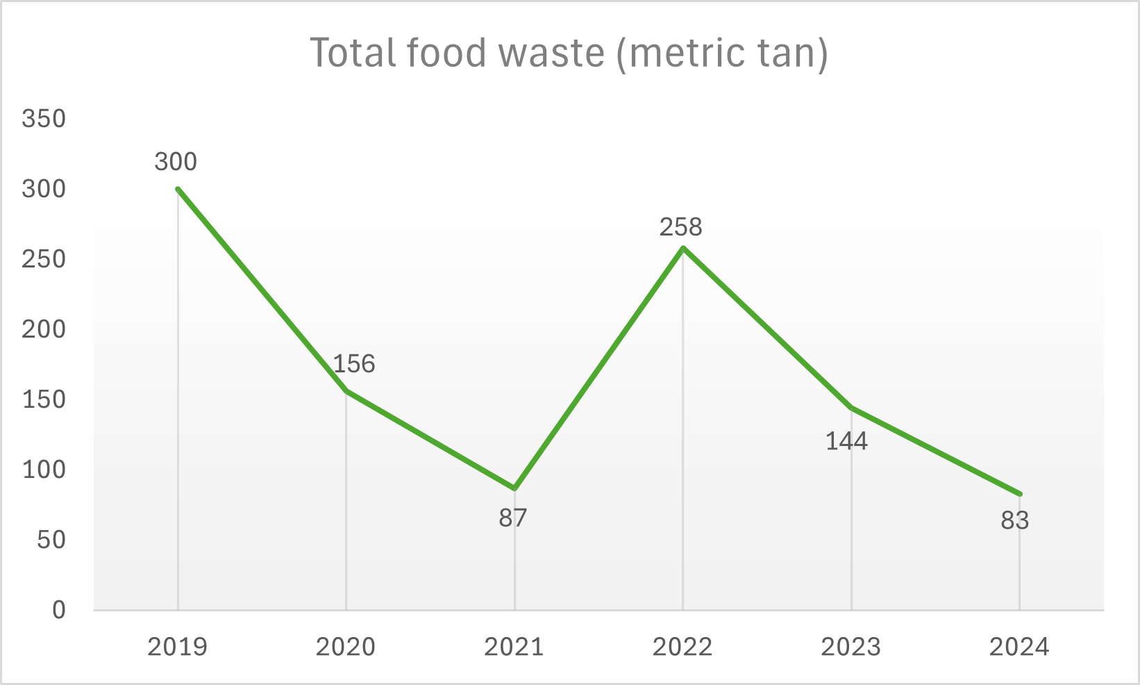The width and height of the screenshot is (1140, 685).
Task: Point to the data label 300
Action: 176,162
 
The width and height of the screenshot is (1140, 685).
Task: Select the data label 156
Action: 354,364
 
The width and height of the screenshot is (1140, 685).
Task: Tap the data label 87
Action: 513,518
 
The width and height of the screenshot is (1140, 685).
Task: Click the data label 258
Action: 681,227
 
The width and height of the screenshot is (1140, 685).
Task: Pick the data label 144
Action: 846,441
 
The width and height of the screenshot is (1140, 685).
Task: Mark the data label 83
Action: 1014,520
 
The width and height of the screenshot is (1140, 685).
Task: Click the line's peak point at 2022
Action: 683,248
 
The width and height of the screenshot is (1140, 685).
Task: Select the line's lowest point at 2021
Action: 514,488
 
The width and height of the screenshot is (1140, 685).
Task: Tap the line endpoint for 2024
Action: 1019,494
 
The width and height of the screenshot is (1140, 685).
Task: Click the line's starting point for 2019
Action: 178,189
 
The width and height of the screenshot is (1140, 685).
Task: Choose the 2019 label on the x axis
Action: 178,647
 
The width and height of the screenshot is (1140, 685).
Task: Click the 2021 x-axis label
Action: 514,647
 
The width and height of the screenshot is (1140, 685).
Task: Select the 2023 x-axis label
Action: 850,647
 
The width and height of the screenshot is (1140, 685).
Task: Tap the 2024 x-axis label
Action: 1019,647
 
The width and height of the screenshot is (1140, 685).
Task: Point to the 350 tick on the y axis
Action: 44,119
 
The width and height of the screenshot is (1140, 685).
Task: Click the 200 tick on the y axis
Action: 44,329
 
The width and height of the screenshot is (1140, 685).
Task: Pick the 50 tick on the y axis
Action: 51,540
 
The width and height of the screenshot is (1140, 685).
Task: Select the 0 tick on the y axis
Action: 59,610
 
